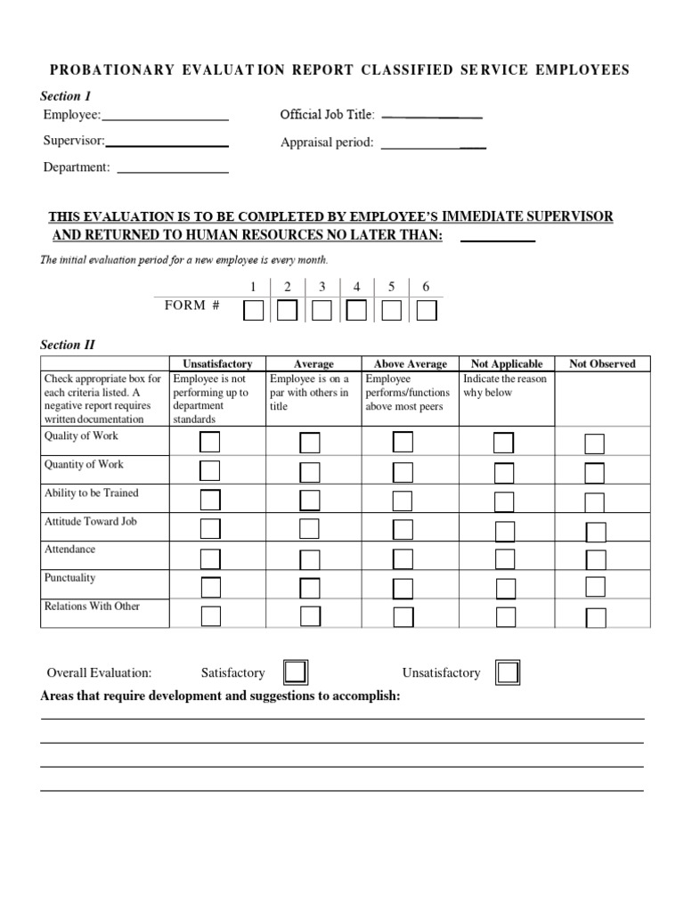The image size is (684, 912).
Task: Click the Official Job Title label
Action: [327, 115]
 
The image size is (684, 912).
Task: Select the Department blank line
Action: [173, 171]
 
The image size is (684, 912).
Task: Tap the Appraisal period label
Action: [326, 142]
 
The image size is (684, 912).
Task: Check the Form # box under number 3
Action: [322, 311]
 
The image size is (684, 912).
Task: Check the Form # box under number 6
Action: [427, 311]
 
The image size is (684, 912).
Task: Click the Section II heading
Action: [68, 345]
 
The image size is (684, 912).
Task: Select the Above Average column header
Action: [410, 364]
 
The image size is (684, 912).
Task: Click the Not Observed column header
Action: [602, 364]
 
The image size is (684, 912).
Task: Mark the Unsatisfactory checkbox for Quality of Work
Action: [210, 443]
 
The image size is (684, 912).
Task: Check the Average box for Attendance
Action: [310, 558]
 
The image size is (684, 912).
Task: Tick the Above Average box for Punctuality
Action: [403, 588]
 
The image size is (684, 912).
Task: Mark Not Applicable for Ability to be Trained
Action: [504, 501]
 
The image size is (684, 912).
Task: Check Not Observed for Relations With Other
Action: [596, 617]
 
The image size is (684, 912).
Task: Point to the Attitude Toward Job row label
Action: [91, 521]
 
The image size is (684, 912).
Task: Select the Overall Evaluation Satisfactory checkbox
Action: [295, 672]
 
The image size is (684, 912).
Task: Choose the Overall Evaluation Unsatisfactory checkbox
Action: [508, 672]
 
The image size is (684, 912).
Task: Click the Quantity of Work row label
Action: [84, 464]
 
